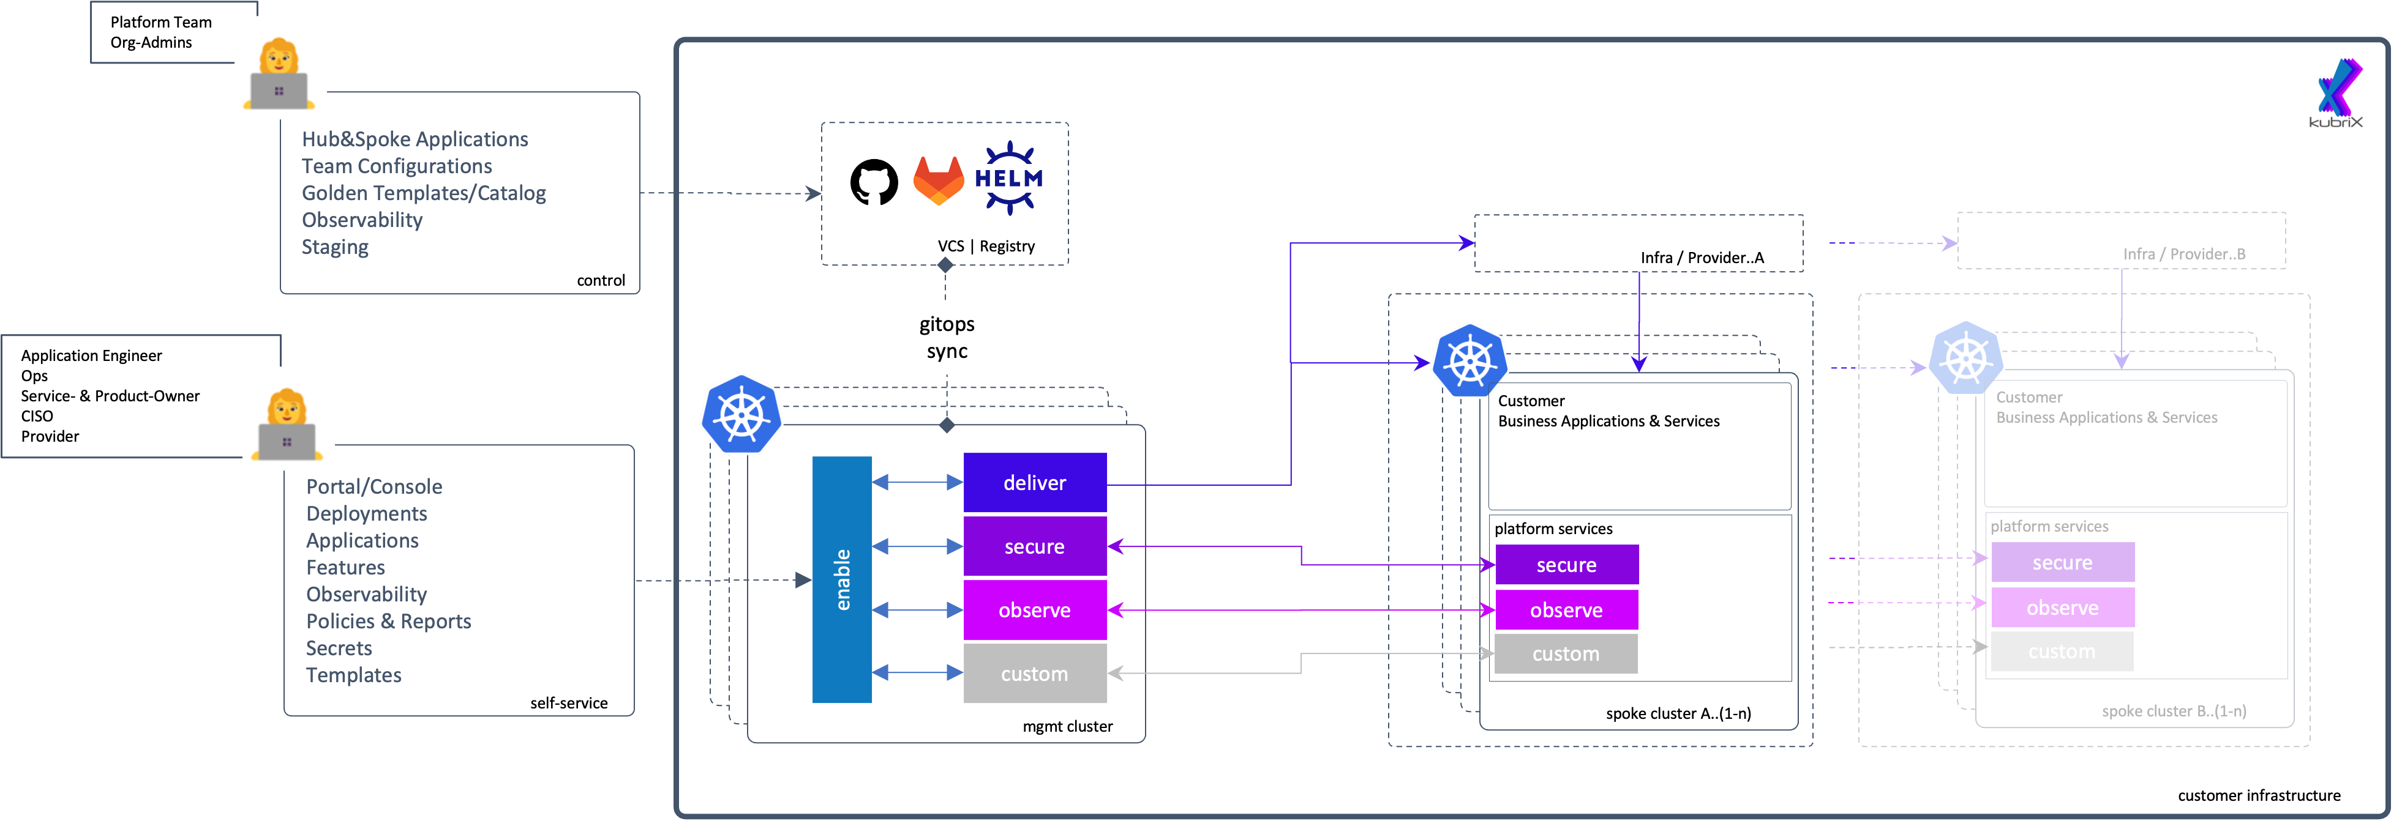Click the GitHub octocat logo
(x=874, y=182)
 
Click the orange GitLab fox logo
(x=937, y=181)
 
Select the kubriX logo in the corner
(x=2338, y=93)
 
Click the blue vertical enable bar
(x=841, y=579)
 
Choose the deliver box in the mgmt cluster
(x=1034, y=483)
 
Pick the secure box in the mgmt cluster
(x=1034, y=546)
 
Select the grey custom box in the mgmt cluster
(x=1034, y=673)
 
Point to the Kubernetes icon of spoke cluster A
(x=1469, y=362)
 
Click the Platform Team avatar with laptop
(x=279, y=75)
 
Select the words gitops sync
(x=947, y=337)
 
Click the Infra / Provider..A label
(x=1702, y=257)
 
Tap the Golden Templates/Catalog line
(x=423, y=193)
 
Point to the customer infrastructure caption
(x=2258, y=795)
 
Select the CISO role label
(x=37, y=415)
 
